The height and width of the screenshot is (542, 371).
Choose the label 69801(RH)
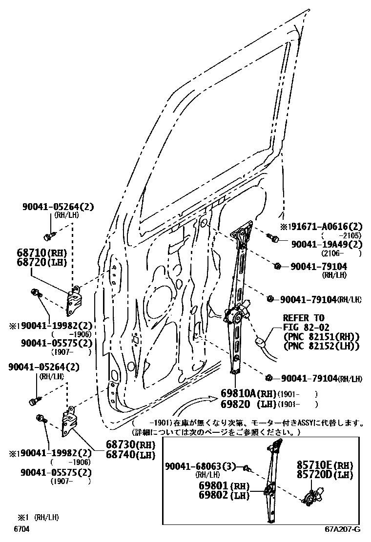(x=224, y=486)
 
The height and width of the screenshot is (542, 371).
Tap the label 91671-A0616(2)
(x=325, y=227)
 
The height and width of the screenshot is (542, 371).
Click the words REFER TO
(x=303, y=318)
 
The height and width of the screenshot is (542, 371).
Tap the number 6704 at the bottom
(x=21, y=529)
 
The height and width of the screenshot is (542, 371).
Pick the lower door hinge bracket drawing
(x=69, y=421)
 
